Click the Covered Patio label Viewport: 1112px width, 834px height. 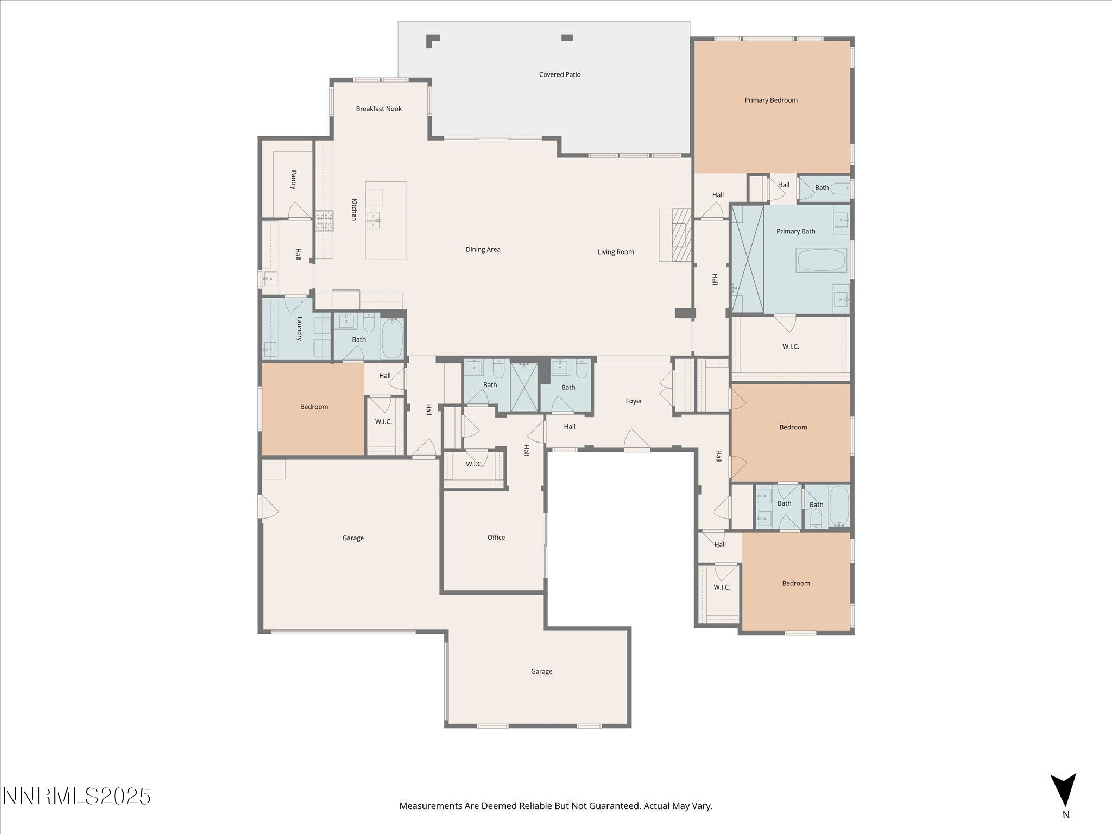560,74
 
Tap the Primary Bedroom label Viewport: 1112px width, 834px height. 771,100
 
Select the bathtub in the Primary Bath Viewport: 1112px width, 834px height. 822,260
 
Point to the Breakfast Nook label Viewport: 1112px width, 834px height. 379,109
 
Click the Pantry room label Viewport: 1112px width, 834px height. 294,180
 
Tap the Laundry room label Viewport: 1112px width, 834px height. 299,328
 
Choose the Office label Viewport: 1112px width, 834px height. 496,538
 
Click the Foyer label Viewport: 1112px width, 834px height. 634,401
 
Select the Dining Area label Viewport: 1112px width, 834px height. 483,250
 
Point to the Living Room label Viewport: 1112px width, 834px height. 616,252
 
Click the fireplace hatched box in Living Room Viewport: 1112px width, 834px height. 681,235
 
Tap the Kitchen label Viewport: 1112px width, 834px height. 354,210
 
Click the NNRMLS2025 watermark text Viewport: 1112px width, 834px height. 77,797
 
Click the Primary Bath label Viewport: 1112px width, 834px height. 795,231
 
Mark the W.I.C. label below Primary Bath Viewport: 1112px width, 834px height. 791,346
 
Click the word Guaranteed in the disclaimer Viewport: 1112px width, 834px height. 616,806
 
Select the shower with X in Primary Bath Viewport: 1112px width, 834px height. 748,259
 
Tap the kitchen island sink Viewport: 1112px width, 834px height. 374,220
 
